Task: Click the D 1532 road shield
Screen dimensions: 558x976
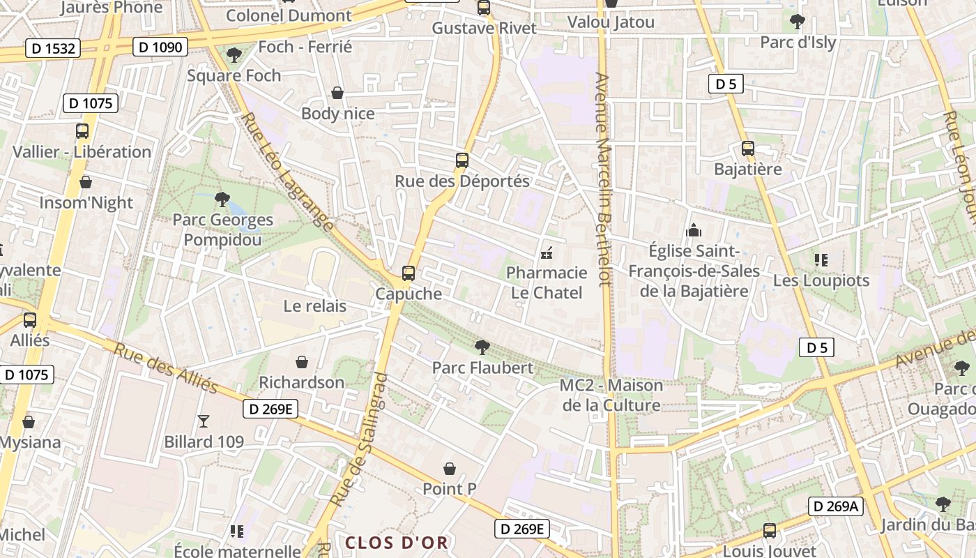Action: click(53, 48)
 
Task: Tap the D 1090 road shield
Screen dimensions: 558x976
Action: click(160, 47)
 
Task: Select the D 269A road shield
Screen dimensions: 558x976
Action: click(835, 506)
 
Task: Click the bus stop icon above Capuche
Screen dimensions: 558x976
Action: click(409, 273)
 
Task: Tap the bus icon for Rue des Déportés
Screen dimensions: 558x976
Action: click(462, 160)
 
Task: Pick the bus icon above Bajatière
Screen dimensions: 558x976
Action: click(748, 149)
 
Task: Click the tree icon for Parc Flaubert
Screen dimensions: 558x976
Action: click(481, 347)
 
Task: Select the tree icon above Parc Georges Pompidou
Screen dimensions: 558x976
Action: click(222, 199)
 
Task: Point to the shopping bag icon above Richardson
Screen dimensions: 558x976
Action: click(302, 362)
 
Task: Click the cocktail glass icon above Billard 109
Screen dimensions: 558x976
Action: click(204, 421)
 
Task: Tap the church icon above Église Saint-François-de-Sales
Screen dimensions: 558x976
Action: click(694, 229)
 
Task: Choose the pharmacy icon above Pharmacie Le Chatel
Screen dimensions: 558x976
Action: click(547, 252)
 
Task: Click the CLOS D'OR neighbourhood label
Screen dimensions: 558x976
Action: click(396, 542)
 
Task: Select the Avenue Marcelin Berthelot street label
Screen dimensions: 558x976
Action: click(603, 179)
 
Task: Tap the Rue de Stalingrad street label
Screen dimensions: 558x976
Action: click(359, 439)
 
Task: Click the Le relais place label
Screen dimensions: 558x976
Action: click(314, 306)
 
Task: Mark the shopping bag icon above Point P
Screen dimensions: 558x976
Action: click(450, 469)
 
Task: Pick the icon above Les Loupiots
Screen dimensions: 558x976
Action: click(821, 260)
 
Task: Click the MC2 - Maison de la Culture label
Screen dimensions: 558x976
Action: click(611, 395)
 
